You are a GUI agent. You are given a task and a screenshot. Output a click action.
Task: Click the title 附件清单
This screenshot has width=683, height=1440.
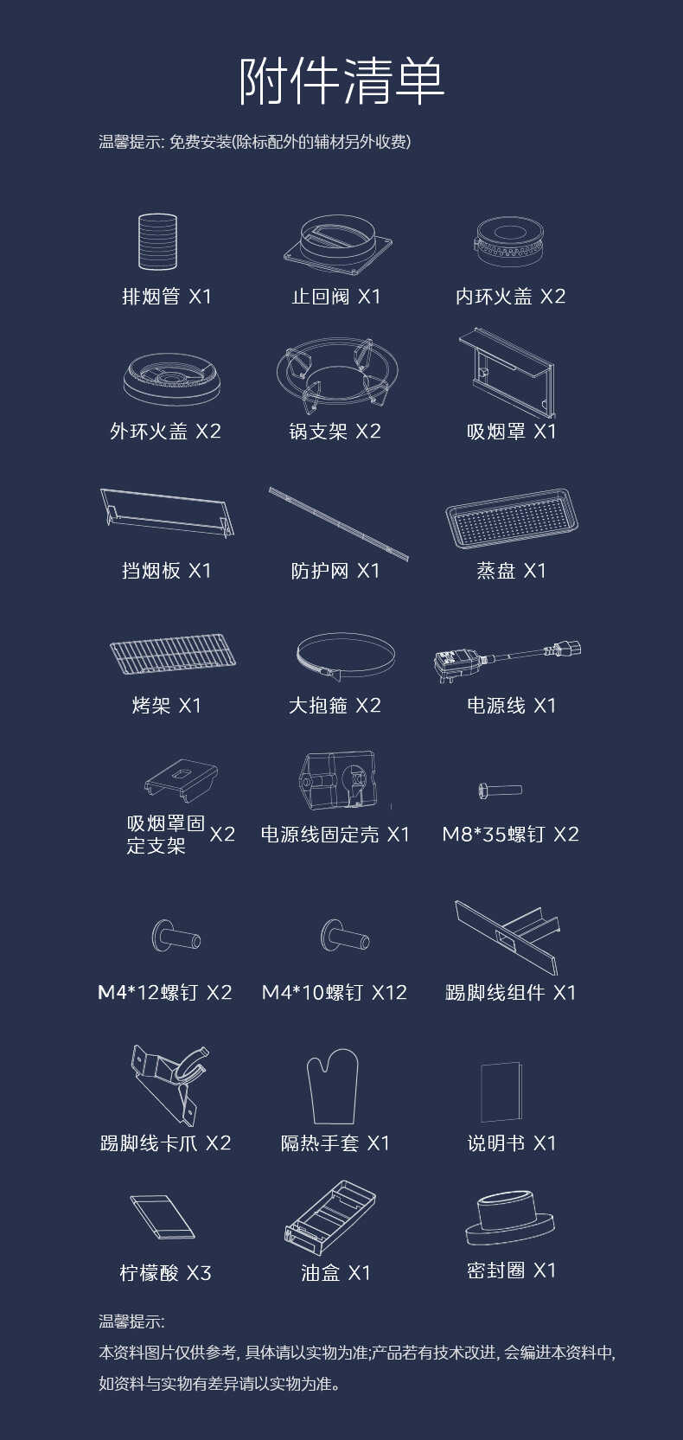[341, 81]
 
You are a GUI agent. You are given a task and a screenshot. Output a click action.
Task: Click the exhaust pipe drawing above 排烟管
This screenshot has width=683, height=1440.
[157, 241]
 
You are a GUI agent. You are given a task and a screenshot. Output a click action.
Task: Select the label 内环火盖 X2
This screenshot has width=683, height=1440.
[510, 297]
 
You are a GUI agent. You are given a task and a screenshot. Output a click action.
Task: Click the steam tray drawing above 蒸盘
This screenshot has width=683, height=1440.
[511, 518]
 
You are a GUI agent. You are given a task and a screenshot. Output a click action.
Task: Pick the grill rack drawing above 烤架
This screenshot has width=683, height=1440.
[173, 654]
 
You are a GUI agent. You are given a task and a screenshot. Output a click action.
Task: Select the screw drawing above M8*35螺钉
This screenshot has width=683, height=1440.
[501, 789]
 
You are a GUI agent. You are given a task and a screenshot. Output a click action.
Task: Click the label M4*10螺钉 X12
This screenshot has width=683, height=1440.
[335, 993]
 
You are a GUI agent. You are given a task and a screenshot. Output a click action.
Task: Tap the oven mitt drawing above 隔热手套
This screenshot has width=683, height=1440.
[333, 1085]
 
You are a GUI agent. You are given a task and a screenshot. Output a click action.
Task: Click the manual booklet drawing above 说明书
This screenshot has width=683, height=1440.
[501, 1091]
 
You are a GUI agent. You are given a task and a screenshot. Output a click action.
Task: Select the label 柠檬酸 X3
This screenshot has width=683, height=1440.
[165, 1273]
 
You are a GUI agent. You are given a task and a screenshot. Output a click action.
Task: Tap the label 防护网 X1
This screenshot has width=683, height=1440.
[335, 571]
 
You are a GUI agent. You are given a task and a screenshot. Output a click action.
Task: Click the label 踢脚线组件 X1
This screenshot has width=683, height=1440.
[510, 993]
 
